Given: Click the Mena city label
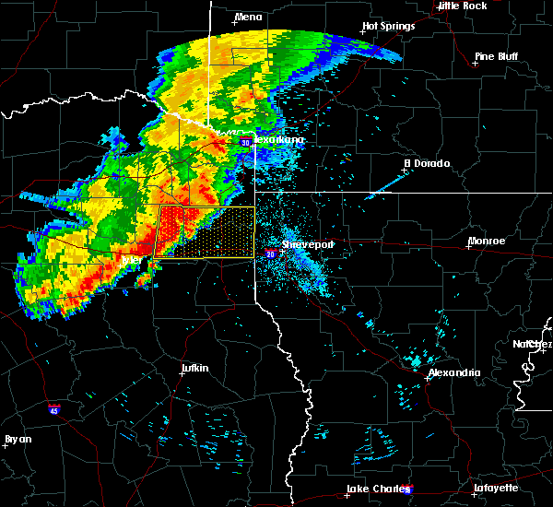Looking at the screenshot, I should coord(248,18).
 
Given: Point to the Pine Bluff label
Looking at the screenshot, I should coord(496,56).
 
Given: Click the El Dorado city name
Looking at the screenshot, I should coord(427,163).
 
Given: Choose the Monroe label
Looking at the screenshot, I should coord(486,241).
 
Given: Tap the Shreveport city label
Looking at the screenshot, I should coord(307,244).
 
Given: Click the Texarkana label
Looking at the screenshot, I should coord(278,140).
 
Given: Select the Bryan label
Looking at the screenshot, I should coord(18,439).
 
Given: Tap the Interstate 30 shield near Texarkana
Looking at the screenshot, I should coord(244,143).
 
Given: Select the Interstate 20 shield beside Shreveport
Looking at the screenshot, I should coord(271,253).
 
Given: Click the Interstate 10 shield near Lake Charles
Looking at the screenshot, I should coord(408,489).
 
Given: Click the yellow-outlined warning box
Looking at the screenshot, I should coord(207,232).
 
